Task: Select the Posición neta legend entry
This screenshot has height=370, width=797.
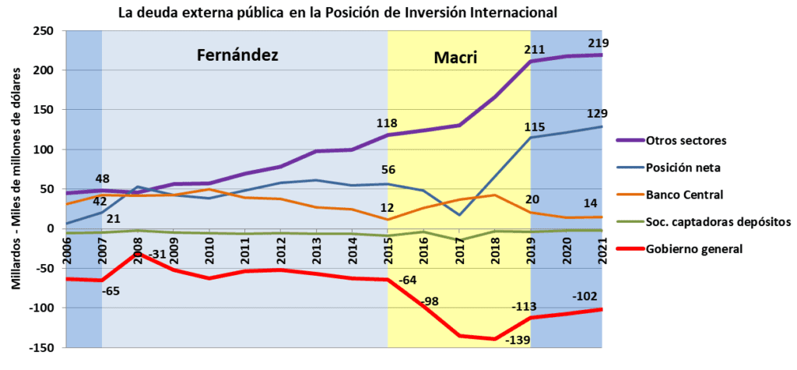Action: pos(681,167)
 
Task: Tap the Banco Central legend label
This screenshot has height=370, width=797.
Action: pos(683,195)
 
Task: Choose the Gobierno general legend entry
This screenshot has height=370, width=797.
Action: pos(688,248)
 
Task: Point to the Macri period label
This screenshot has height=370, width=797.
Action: pos(455,58)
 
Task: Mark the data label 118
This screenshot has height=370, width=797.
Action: pos(387,122)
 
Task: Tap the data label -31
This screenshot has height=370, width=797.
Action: pos(157,255)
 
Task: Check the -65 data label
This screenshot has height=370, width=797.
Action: pos(111,292)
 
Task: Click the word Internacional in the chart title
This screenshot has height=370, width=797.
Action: pos(511,13)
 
